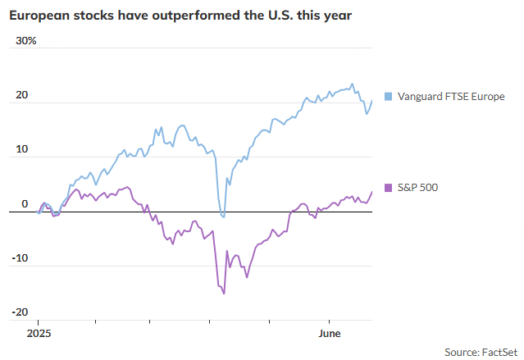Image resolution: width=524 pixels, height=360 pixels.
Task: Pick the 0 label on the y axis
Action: click(x=25, y=203)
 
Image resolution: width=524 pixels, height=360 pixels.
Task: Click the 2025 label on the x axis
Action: click(x=39, y=334)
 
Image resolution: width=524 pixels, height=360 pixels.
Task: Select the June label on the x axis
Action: click(x=329, y=334)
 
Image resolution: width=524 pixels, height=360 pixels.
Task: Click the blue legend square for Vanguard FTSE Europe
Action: click(x=388, y=96)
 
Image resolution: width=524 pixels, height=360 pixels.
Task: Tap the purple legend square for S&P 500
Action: click(x=388, y=188)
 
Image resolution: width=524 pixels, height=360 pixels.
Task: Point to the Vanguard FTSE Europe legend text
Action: click(x=452, y=96)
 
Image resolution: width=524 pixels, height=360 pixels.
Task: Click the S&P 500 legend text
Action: click(x=417, y=188)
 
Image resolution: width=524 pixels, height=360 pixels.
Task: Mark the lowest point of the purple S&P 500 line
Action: click(x=224, y=293)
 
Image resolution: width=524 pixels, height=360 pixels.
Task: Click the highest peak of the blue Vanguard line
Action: click(x=352, y=84)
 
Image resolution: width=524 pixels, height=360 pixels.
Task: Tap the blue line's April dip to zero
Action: click(x=223, y=216)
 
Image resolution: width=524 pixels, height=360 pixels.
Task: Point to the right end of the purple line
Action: click(x=371, y=192)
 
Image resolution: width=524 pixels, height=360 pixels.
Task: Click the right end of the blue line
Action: click(x=371, y=101)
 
